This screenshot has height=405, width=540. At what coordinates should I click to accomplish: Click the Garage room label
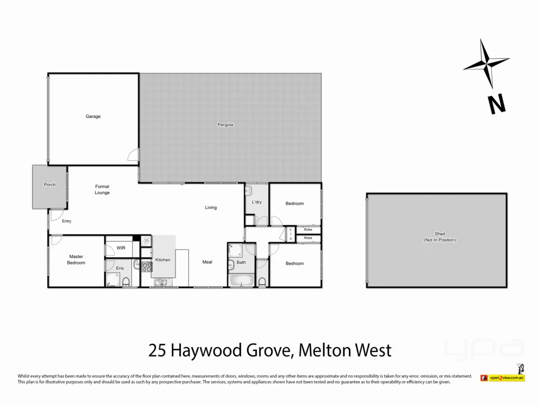pyautogui.click(x=93, y=117)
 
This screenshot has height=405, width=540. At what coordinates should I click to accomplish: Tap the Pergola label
pyautogui.click(x=225, y=125)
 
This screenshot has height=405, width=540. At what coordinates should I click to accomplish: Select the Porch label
pyautogui.click(x=50, y=185)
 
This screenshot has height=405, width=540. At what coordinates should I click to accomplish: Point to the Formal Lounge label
pyautogui.click(x=102, y=190)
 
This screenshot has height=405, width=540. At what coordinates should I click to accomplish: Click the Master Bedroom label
pyautogui.click(x=76, y=259)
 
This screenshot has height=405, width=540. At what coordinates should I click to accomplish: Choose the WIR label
pyautogui.click(x=121, y=248)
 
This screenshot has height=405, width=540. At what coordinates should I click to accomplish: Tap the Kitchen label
pyautogui.click(x=163, y=260)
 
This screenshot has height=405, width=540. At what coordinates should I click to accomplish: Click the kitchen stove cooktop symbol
pyautogui.click(x=146, y=266)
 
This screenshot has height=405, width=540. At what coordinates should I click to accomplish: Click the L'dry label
pyautogui.click(x=256, y=202)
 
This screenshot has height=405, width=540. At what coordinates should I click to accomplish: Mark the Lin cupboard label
pyautogui.click(x=291, y=234)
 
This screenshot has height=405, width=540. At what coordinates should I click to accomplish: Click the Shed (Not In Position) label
pyautogui.click(x=440, y=237)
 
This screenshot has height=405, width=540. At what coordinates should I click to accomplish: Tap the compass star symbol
pyautogui.click(x=486, y=64)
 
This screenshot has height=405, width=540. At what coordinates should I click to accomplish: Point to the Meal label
pyautogui.click(x=207, y=262)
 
